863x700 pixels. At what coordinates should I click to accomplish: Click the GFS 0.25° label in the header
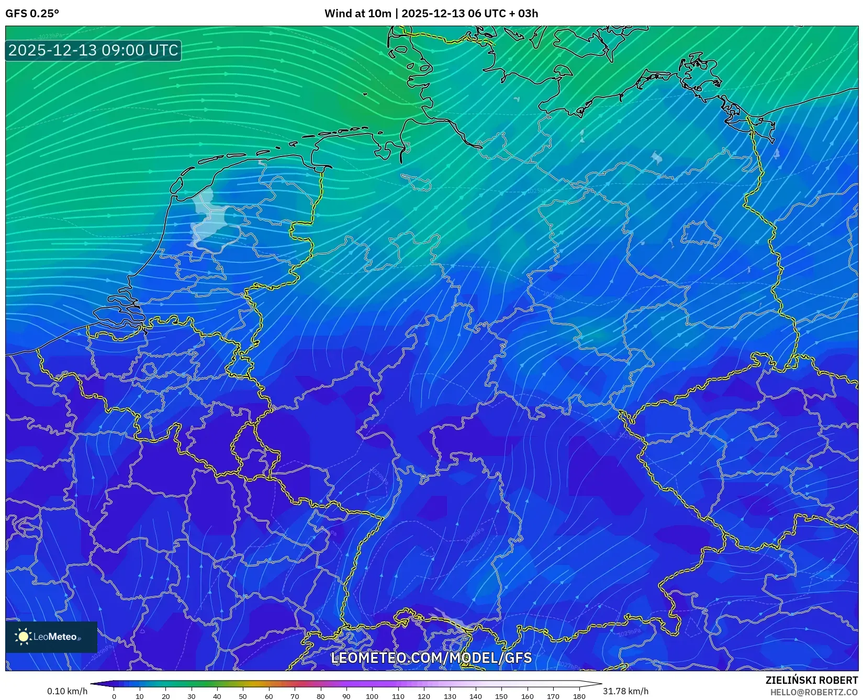tap(32, 14)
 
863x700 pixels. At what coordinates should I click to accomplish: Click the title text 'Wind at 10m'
tap(357, 14)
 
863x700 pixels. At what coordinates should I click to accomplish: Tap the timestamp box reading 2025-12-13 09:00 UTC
tap(93, 50)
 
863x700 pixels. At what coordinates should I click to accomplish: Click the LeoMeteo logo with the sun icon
tap(51, 637)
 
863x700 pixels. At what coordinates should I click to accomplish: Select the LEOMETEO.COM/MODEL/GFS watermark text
tap(431, 658)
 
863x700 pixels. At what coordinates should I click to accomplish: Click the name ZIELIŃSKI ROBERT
tap(811, 680)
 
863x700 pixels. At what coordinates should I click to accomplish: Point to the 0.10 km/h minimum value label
tap(67, 691)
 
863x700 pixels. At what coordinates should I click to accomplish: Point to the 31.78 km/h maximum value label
tap(625, 691)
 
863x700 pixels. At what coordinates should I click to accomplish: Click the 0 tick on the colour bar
tap(114, 696)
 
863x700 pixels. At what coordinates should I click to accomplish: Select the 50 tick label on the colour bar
tap(243, 696)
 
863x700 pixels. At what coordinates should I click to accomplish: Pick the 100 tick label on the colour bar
tap(372, 696)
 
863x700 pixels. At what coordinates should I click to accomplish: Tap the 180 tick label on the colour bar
tap(579, 696)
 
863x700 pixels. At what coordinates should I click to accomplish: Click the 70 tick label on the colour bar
tap(295, 696)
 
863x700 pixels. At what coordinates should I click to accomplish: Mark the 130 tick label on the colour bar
tap(450, 696)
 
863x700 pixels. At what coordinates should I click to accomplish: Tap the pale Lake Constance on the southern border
tap(450, 620)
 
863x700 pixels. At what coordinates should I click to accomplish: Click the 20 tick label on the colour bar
tap(165, 696)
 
